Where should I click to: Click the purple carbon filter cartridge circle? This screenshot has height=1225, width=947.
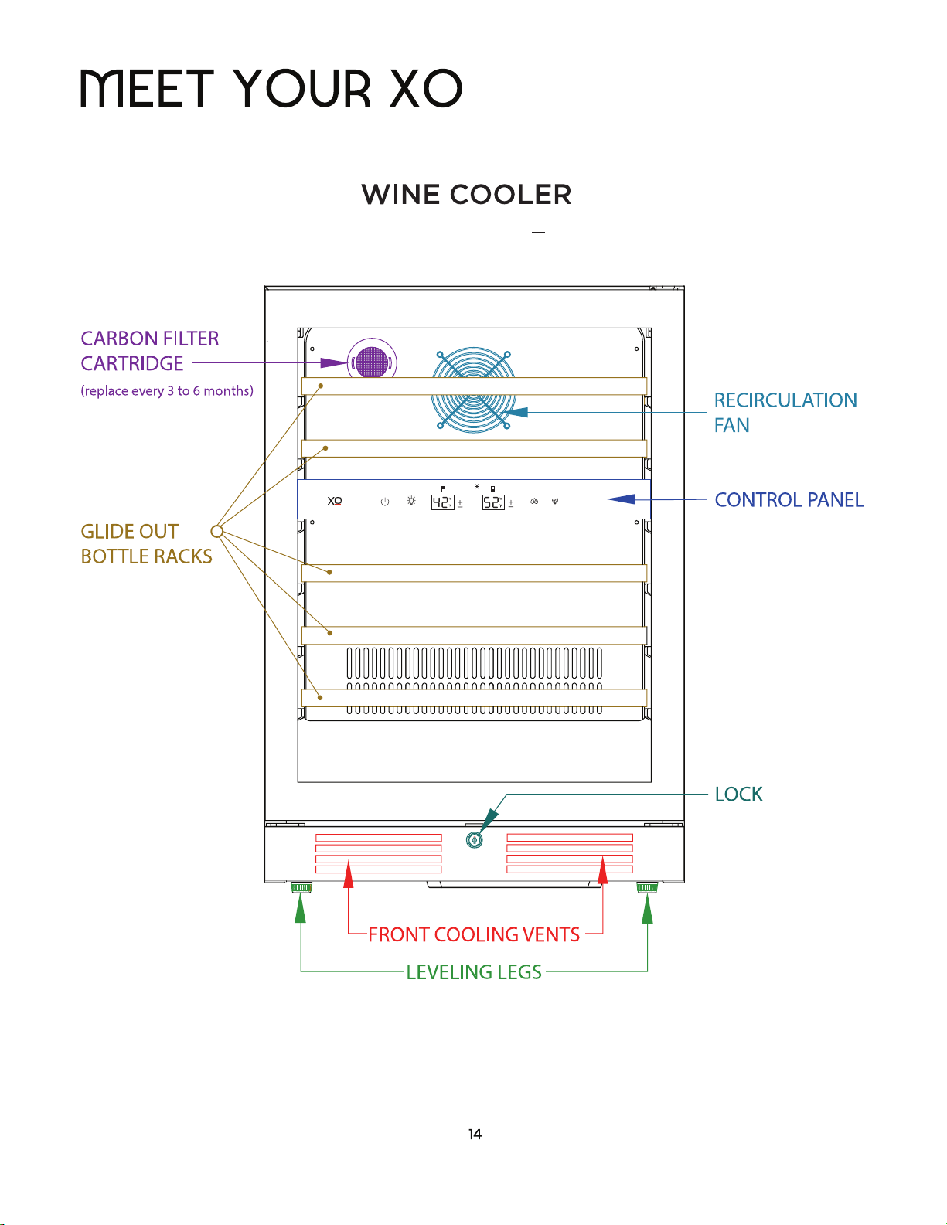tap(372, 362)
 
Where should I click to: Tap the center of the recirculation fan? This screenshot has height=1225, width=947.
tap(473, 390)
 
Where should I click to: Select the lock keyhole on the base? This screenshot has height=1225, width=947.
tap(475, 840)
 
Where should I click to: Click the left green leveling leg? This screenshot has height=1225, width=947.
tap(301, 887)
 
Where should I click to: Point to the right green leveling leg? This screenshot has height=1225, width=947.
tap(647, 887)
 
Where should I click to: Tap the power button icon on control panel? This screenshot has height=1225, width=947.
tap(385, 501)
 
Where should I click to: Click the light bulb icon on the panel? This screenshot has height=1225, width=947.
tap(411, 501)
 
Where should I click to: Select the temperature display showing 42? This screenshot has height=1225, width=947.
tap(442, 502)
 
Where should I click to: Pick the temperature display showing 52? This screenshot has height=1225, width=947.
tap(493, 502)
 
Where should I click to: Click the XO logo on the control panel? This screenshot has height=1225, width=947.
tap(335, 501)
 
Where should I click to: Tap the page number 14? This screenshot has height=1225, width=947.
tap(475, 1135)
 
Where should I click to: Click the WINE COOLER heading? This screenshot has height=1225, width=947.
tap(466, 195)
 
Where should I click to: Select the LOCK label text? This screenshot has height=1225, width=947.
tap(738, 794)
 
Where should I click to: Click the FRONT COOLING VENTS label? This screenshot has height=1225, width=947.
tap(473, 934)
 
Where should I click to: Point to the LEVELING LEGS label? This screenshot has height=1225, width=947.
tap(473, 971)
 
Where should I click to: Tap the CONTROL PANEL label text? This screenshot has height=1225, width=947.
tap(789, 499)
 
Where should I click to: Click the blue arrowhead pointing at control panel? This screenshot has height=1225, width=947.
tap(622, 499)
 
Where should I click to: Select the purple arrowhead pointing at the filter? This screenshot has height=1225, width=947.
tap(334, 362)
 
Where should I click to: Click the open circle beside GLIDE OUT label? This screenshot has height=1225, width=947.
tap(217, 531)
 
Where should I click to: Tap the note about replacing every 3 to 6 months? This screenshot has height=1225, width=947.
tap(167, 390)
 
